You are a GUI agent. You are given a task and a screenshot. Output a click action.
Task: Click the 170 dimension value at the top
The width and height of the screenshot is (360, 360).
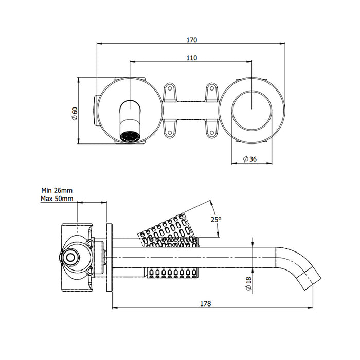(191, 40)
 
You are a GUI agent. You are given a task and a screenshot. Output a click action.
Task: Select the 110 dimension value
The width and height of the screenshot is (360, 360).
(191, 58)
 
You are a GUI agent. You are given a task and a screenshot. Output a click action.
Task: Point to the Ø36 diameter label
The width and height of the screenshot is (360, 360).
(249, 159)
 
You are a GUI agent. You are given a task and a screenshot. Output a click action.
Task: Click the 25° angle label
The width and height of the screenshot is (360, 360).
(216, 220)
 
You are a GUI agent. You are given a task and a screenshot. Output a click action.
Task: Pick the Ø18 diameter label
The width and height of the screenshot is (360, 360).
(248, 284)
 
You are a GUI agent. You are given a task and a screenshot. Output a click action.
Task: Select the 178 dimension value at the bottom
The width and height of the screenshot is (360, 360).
(206, 303)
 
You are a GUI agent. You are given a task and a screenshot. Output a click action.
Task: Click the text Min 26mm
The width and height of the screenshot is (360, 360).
(57, 190)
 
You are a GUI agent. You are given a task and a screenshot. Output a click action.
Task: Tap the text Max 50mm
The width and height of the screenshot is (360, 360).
(57, 199)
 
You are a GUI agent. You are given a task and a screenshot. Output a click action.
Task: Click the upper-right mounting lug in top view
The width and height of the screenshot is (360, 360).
(211, 93)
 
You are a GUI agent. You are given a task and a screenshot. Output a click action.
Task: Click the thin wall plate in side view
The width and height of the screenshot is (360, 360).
(109, 257)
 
